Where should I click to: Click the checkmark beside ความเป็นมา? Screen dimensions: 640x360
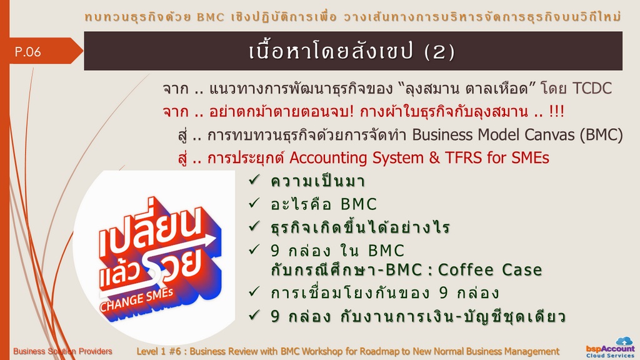tap(254, 179)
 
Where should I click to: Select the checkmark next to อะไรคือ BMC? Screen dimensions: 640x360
tap(254, 203)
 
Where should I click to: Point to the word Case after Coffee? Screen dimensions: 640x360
tap(522, 270)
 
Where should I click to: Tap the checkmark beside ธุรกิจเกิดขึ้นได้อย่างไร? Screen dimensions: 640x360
tap(254, 226)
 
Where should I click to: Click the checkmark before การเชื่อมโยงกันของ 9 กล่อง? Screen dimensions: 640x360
tap(254, 291)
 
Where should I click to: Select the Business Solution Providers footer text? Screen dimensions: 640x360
tap(62, 351)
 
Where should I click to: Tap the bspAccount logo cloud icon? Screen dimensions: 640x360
tap(624, 341)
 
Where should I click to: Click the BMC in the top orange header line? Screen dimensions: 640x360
tap(211, 17)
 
